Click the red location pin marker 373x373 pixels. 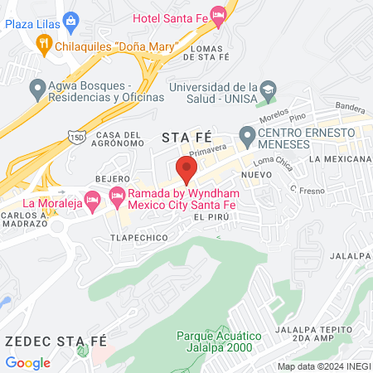point(186,168)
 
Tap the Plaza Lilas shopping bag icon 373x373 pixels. point(70,20)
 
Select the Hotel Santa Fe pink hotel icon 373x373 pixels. point(218,14)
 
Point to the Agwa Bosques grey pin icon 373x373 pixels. point(37,87)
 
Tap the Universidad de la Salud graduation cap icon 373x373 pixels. point(268,89)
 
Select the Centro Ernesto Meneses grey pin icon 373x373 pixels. point(246,134)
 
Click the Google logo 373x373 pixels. point(27,362)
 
